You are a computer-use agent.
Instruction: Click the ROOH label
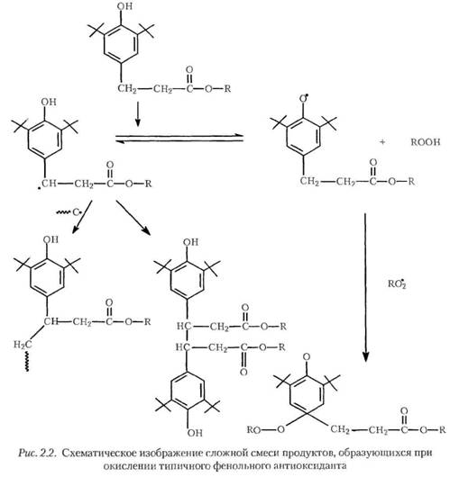426,142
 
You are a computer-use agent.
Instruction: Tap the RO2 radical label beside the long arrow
397,283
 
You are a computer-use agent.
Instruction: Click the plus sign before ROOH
382,142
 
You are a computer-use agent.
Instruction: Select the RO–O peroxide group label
265,429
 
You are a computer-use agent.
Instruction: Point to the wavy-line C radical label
69,212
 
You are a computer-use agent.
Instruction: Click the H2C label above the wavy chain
23,345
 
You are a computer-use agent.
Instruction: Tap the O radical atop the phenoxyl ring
304,99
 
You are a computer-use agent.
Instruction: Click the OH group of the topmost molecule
124,6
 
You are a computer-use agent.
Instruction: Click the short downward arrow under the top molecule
138,114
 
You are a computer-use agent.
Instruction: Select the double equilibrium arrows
179,139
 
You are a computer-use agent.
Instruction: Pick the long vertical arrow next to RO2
365,287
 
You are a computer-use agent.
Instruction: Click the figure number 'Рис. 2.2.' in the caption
38,453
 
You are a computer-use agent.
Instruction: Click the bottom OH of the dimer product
195,433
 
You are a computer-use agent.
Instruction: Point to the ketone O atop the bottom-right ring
307,356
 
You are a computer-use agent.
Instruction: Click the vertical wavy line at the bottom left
27,362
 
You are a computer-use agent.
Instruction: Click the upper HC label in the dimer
184,327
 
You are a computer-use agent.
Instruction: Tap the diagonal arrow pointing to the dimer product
133,218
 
